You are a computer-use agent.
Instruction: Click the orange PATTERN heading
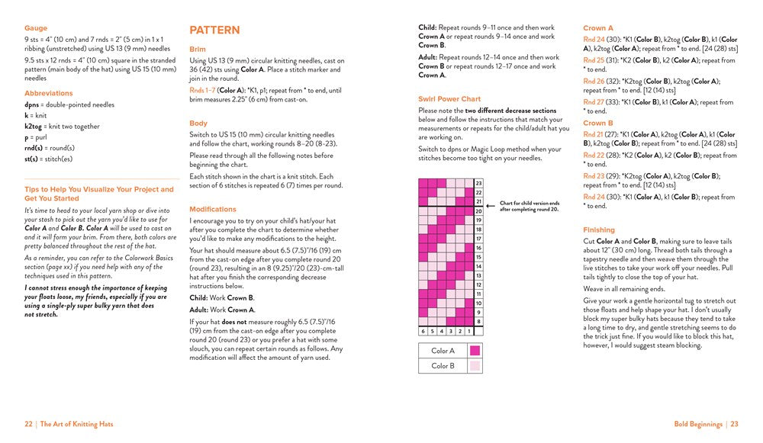tap(214, 30)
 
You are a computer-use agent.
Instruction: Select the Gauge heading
tap(35, 28)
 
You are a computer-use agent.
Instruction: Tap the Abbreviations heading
tap(49, 93)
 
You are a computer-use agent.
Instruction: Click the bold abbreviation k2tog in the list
tap(33, 126)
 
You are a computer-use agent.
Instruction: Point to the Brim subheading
tap(198, 49)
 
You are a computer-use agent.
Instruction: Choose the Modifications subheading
tap(212, 209)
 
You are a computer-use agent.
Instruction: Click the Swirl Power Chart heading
tap(449, 99)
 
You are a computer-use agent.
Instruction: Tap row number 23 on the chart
tap(478, 184)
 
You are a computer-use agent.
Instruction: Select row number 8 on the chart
tap(478, 322)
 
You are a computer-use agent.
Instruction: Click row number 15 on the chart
tap(478, 257)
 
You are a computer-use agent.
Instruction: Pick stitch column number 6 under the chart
tap(423, 332)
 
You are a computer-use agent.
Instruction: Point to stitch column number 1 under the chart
tap(468, 332)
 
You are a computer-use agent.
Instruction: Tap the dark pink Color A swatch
tap(475, 351)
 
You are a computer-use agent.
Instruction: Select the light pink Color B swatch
tap(475, 366)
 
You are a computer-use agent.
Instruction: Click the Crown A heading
tap(598, 28)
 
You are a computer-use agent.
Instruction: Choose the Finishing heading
tap(599, 230)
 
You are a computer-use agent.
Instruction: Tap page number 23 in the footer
tap(734, 424)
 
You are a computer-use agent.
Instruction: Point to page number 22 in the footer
tap(28, 424)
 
